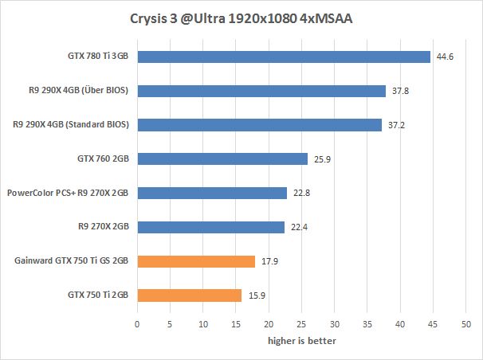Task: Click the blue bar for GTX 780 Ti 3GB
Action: [x=284, y=57]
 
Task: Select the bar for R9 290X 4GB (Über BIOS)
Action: [x=261, y=91]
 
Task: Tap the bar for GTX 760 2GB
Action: [x=222, y=159]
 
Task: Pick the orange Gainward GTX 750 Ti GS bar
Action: [x=196, y=261]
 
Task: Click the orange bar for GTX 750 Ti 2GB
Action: [x=189, y=295]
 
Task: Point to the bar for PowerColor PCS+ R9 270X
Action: [x=212, y=194]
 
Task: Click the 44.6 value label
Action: [x=444, y=57]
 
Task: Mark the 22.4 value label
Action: [x=298, y=228]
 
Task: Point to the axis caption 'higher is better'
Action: [x=301, y=341]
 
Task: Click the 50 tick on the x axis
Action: [x=466, y=325]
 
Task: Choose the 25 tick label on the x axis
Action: [x=301, y=325]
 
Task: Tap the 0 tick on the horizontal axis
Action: [x=137, y=325]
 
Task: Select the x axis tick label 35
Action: [x=367, y=325]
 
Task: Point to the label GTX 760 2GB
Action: [x=103, y=159]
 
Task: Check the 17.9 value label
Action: [x=269, y=261]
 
